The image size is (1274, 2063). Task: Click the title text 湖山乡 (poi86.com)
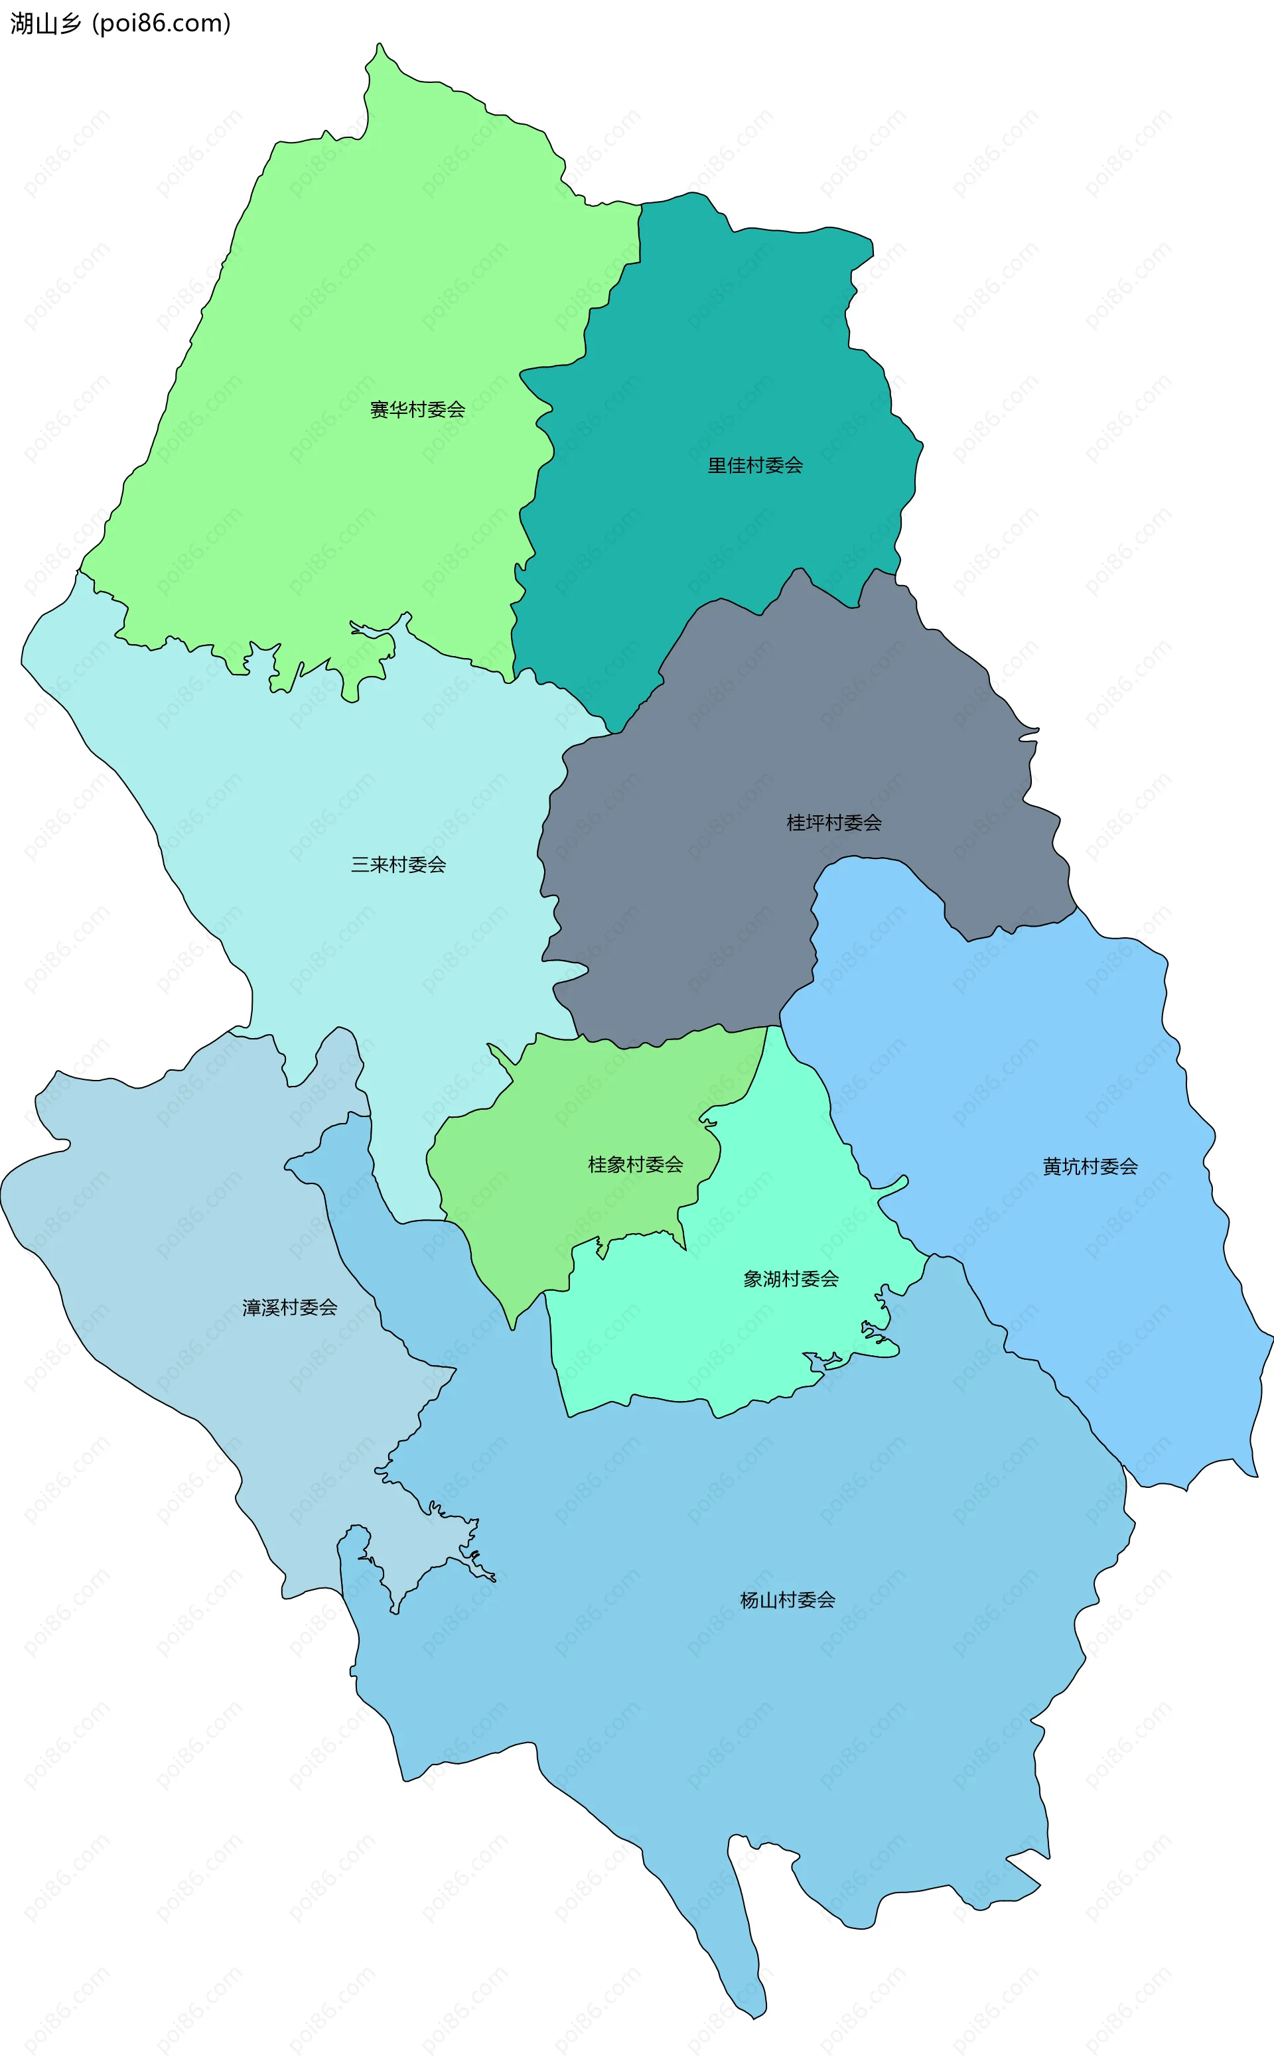pyautogui.click(x=119, y=24)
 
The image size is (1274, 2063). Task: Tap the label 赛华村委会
pyautogui.click(x=417, y=410)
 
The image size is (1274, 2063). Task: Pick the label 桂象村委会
pyautogui.click(x=634, y=1165)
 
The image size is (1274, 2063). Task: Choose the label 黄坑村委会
pyautogui.click(x=1090, y=1167)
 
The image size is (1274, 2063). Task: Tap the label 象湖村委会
pyautogui.click(x=790, y=1279)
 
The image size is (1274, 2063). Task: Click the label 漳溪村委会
pyautogui.click(x=289, y=1307)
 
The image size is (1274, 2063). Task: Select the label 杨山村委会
pyautogui.click(x=787, y=1600)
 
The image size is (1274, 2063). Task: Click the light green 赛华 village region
pyautogui.click(x=337, y=295)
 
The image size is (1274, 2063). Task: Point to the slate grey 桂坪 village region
pyautogui.click(x=716, y=909)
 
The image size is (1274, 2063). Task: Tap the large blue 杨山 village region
pyautogui.click(x=716, y=1727)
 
